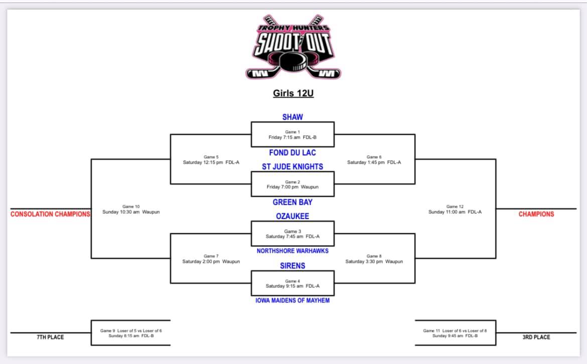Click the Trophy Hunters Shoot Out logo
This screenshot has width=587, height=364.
tap(293, 47)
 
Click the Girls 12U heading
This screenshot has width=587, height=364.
tap(293, 93)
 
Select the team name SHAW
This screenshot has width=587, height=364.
tap(292, 117)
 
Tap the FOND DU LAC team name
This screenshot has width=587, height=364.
tap(292, 153)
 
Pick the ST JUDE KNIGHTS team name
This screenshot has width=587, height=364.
tap(292, 167)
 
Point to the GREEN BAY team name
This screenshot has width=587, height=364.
tap(292, 202)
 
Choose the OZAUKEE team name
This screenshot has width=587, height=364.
tap(292, 216)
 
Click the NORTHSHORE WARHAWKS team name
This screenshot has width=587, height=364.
tap(292, 251)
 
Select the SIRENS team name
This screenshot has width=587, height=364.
tap(292, 266)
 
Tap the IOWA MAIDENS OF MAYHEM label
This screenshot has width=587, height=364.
tap(292, 300)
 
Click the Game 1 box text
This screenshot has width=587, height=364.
tap(292, 135)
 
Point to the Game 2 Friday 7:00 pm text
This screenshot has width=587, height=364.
tap(292, 184)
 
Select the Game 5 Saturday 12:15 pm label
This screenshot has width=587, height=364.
tap(211, 160)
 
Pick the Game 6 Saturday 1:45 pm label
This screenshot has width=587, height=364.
tap(374, 160)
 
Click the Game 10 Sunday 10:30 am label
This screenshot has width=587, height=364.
tap(131, 209)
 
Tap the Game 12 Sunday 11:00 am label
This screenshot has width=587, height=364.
tap(455, 209)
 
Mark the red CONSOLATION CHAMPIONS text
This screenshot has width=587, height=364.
tap(50, 214)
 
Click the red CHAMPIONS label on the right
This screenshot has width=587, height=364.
tap(536, 214)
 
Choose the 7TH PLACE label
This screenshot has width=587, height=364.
tap(50, 337)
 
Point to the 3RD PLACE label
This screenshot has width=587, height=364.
tap(536, 337)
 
